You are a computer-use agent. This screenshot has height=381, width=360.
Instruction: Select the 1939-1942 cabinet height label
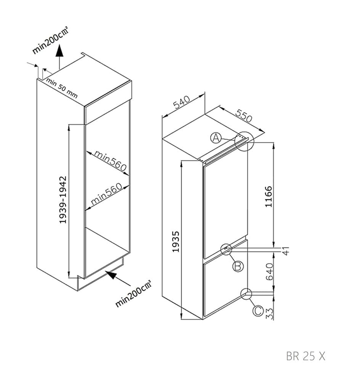click(63, 200)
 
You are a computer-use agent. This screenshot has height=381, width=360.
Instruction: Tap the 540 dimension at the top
click(182, 102)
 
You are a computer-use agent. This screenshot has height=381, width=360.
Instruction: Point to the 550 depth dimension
click(243, 116)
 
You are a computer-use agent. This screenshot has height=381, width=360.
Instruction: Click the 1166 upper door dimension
click(268, 196)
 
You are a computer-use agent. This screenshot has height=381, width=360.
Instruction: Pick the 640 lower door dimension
click(270, 271)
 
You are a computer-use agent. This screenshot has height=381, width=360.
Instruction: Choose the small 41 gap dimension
click(286, 251)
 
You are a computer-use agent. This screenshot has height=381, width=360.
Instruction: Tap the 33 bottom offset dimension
click(270, 314)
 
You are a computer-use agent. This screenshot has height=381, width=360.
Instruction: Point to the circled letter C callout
click(258, 311)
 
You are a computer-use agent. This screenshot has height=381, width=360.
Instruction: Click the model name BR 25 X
click(305, 356)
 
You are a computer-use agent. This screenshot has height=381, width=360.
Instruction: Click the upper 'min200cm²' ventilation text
click(50, 40)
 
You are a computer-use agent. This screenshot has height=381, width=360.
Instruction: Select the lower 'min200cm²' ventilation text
click(133, 293)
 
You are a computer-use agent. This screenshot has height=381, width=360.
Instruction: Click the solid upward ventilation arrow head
click(59, 51)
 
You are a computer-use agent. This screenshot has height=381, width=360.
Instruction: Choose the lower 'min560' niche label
click(106, 194)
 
